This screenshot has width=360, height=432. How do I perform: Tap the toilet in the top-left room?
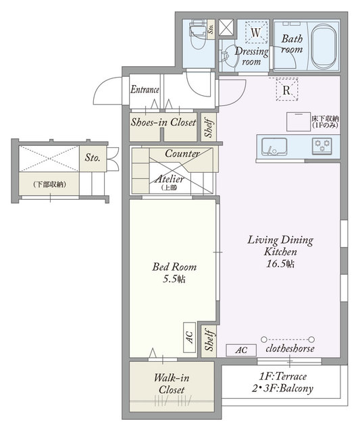(x=198, y=34)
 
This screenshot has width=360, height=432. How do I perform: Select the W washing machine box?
(x=256, y=32)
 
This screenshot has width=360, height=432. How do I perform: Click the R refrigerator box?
(x=287, y=90)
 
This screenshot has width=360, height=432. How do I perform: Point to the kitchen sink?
(x=274, y=146)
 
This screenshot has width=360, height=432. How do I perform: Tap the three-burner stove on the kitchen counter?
(x=322, y=146)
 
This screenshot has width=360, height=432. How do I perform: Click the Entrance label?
(x=145, y=90)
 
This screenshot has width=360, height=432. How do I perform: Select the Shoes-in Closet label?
(x=163, y=122)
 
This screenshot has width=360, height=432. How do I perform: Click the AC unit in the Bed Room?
(x=190, y=337)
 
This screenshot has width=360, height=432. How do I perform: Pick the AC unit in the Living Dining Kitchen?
(x=241, y=350)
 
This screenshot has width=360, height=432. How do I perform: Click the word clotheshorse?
(x=290, y=348)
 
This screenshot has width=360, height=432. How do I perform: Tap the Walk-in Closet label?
(x=172, y=383)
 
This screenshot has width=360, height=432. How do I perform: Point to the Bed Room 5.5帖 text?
(x=174, y=273)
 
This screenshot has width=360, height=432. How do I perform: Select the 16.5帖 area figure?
(x=280, y=264)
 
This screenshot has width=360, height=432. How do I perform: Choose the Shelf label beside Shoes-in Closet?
(x=209, y=128)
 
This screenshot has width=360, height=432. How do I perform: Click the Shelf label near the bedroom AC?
(x=210, y=341)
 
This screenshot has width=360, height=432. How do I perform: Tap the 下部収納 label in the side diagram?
(x=49, y=184)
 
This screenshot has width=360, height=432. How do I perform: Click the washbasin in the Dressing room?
(x=228, y=56)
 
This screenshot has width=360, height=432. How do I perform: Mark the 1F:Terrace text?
(x=282, y=376)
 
